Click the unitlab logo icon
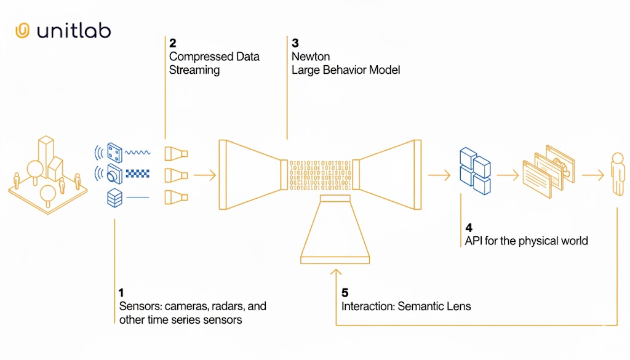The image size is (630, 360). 22,31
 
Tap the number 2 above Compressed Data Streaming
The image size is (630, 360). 172,43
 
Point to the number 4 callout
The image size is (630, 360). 468,227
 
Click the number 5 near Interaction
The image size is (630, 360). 345,293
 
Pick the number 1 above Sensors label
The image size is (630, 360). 122,292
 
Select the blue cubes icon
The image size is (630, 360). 474,167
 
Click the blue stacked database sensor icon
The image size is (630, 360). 114,198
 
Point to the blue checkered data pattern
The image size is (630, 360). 137,174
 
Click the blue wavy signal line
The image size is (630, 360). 137,152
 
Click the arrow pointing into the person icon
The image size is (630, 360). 592,175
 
